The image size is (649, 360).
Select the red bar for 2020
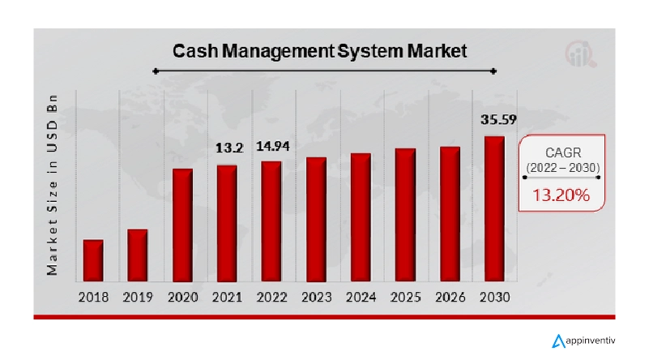(x=182, y=225)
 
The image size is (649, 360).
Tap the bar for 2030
(x=494, y=208)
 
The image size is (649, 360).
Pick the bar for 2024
(x=361, y=217)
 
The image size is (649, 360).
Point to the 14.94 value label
(x=271, y=147)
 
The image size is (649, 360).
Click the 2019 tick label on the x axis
(x=138, y=297)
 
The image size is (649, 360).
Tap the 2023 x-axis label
(x=316, y=297)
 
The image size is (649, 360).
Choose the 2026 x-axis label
(x=450, y=297)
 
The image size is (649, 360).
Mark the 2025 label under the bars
(x=405, y=297)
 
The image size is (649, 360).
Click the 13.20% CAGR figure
(x=560, y=195)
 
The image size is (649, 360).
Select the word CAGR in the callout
(x=561, y=152)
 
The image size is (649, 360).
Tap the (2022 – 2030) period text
(x=561, y=168)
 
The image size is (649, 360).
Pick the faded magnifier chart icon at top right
(x=580, y=54)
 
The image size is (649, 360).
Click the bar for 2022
(x=271, y=221)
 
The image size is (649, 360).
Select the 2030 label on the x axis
(x=494, y=297)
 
